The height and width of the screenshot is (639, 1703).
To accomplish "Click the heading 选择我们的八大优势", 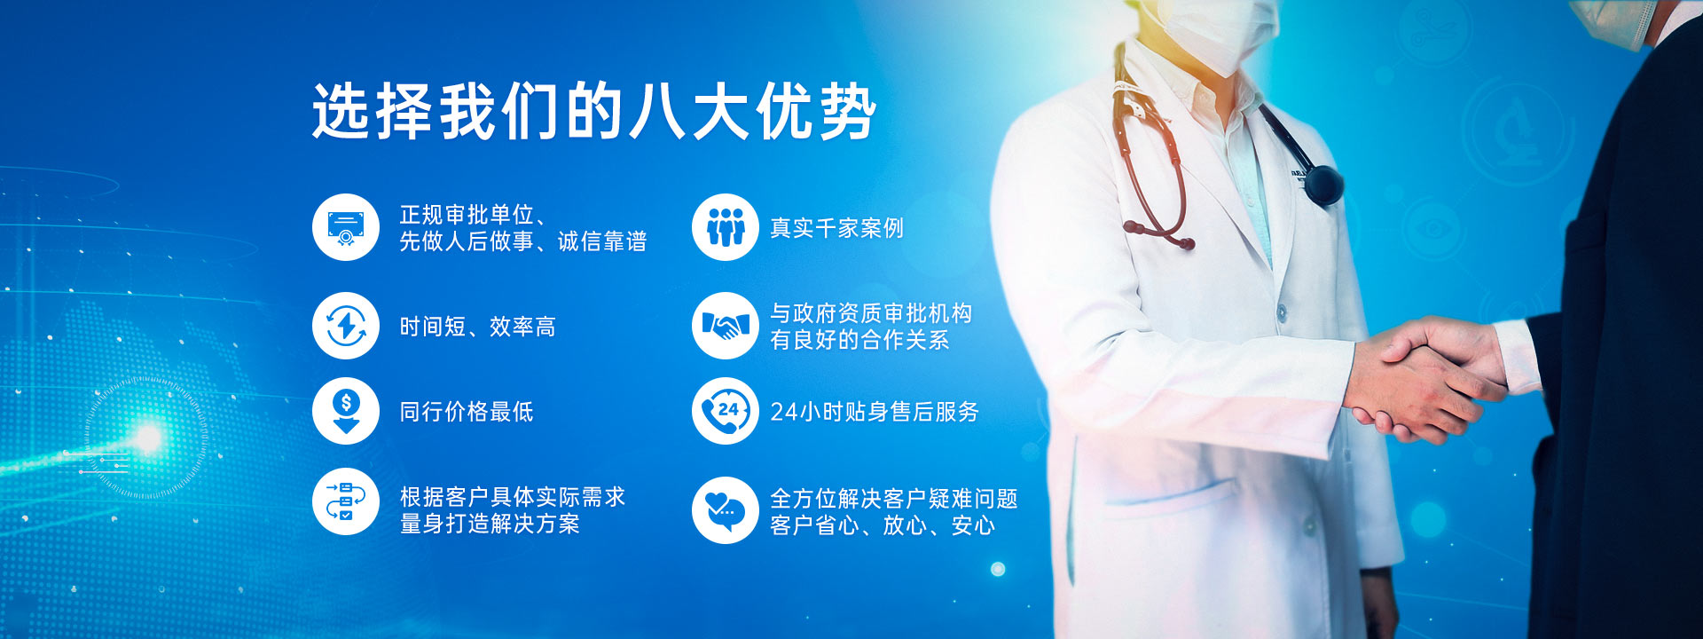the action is coord(593,112).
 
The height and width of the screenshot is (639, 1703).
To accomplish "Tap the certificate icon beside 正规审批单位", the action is coord(346,227).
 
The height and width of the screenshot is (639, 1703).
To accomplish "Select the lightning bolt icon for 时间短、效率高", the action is coord(346,326).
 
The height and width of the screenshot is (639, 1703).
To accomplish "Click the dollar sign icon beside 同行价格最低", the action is coord(346,411).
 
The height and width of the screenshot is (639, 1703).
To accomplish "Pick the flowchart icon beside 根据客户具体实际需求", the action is coord(346,501).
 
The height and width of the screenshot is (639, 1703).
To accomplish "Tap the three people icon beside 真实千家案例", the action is coord(726,227).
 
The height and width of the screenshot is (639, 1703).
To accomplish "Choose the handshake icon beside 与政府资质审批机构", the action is coord(726,326).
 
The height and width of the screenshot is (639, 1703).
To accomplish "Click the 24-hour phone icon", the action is coord(726,411).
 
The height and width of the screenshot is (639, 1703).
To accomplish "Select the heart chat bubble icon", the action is coord(726,510).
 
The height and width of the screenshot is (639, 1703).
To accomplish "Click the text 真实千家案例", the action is coord(836,228).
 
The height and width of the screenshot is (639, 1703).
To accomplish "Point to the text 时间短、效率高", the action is coord(477,327).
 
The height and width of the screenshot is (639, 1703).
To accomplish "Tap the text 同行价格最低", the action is coord(467,412).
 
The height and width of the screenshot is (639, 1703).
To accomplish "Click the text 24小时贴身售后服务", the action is coord(875,412).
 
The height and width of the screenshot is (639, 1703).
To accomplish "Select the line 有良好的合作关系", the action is coord(859,340).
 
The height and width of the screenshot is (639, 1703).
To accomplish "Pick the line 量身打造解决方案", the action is coord(490,524).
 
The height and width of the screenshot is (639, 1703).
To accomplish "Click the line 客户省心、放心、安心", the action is coord(883,525).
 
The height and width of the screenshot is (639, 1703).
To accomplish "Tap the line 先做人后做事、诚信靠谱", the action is coord(523,241).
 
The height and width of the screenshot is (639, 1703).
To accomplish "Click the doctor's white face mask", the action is coord(1220,31).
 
